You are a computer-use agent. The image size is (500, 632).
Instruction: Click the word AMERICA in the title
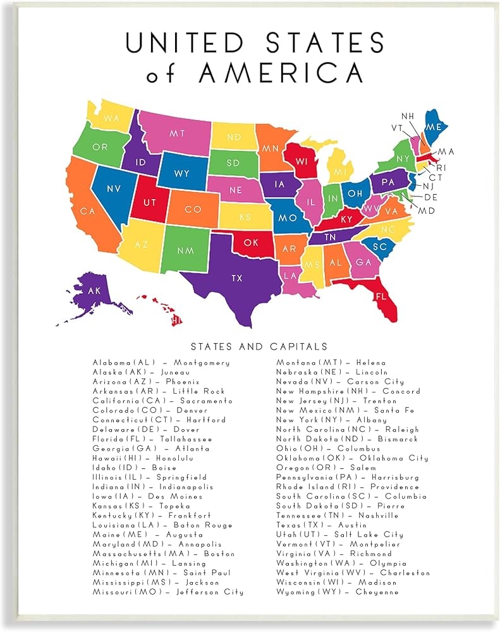281,73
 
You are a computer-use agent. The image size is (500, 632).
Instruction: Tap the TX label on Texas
237,278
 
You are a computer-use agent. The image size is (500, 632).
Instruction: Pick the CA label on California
87,210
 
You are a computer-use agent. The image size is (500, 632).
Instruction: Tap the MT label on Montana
176,133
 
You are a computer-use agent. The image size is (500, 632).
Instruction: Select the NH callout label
408,116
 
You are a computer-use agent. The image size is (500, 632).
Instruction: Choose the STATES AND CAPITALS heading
259,346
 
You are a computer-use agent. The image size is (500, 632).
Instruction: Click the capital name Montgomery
202,363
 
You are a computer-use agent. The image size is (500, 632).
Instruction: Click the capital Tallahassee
182,439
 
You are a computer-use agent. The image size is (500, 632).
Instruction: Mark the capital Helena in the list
371,363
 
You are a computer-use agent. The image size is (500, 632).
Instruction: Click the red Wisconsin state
303,162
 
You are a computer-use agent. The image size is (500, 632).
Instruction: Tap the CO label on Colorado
193,209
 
